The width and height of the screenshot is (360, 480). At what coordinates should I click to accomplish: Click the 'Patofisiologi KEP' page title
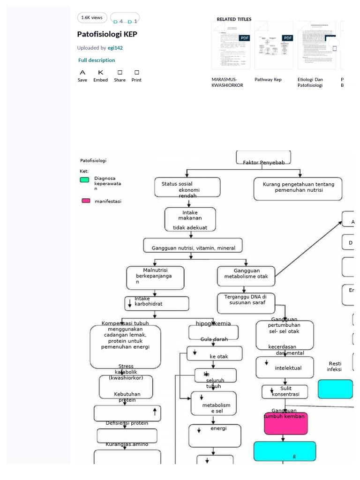click(x=107, y=34)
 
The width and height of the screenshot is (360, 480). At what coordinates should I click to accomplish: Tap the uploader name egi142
click(x=115, y=48)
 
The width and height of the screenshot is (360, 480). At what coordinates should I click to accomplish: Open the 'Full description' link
click(x=97, y=60)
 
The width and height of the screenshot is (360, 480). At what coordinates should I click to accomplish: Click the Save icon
click(x=82, y=73)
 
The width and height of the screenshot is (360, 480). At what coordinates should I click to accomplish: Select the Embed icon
click(x=100, y=73)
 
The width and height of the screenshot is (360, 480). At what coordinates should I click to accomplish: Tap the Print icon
click(x=136, y=73)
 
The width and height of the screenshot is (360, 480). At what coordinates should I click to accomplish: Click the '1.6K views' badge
click(x=92, y=18)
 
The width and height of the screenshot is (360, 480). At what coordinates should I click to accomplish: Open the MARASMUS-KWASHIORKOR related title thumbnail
click(x=231, y=45)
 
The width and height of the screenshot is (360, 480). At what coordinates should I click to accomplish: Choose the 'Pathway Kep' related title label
click(x=268, y=80)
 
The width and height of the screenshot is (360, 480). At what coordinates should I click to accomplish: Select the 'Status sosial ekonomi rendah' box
click(x=187, y=187)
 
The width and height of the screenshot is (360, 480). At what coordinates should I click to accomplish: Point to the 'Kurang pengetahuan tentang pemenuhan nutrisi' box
click(x=298, y=188)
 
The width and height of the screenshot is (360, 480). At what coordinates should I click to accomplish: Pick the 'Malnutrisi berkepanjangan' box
click(x=155, y=278)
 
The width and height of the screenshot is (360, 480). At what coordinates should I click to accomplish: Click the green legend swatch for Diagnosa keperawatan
click(x=84, y=180)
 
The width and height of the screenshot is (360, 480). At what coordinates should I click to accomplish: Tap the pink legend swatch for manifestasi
click(x=86, y=201)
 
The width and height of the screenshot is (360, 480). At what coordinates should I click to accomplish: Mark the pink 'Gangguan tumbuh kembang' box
click(x=286, y=423)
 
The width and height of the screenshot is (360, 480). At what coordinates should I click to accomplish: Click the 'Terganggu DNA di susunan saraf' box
click(x=246, y=303)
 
